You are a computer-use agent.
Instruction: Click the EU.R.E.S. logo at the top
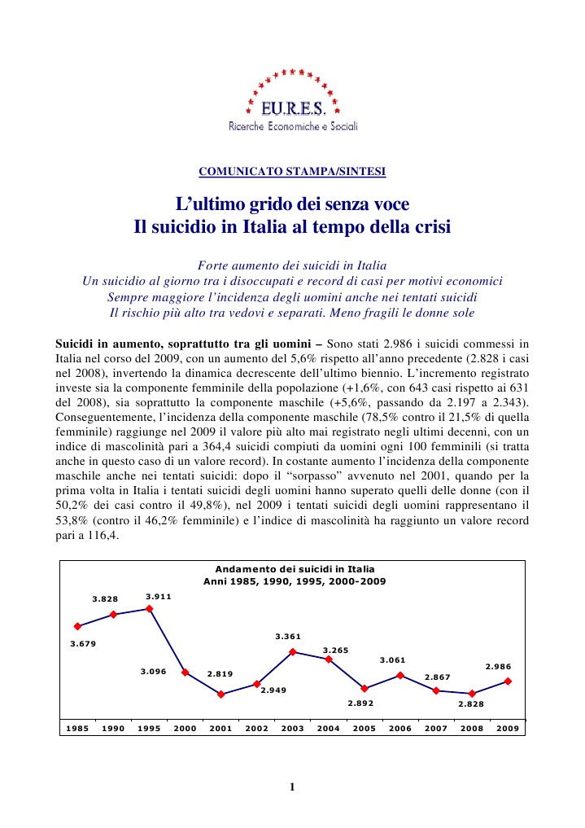pos(292,101)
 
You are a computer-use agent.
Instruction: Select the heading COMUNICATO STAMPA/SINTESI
pos(292,172)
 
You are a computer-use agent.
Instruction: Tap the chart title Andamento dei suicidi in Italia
pos(293,570)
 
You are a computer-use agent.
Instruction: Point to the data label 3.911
pos(158,597)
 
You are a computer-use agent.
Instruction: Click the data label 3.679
pos(84,643)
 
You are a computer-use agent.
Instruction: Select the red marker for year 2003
pos(293,651)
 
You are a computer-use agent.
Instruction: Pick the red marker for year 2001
pos(221,694)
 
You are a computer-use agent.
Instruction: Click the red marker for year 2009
pos(508,681)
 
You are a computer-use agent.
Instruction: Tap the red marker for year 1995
pos(150,608)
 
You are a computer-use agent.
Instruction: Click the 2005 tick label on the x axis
pos(365,728)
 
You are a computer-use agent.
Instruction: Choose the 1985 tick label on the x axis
pos(78,728)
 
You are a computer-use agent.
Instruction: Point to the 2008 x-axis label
pos(472,728)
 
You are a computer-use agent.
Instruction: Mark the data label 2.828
pos(471,705)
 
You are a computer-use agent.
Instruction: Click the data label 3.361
pos(289,636)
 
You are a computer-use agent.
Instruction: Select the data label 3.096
pos(154,672)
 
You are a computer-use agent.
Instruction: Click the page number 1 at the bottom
pos(292,786)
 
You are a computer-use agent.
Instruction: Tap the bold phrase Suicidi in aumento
pos(106,342)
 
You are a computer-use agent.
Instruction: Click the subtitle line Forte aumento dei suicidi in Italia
pos(292,266)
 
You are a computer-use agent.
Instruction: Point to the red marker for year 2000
pos(186,672)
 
